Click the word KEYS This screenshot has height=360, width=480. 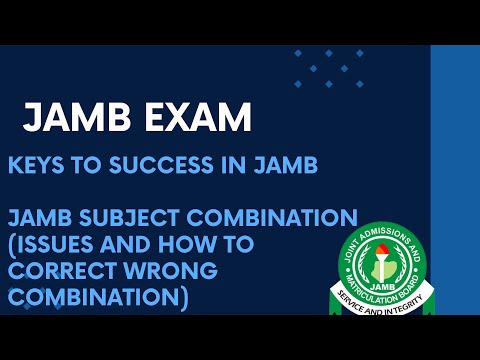tap(36, 167)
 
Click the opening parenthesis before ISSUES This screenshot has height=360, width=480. tap(13, 243)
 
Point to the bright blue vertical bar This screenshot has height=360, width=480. tap(455, 180)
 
